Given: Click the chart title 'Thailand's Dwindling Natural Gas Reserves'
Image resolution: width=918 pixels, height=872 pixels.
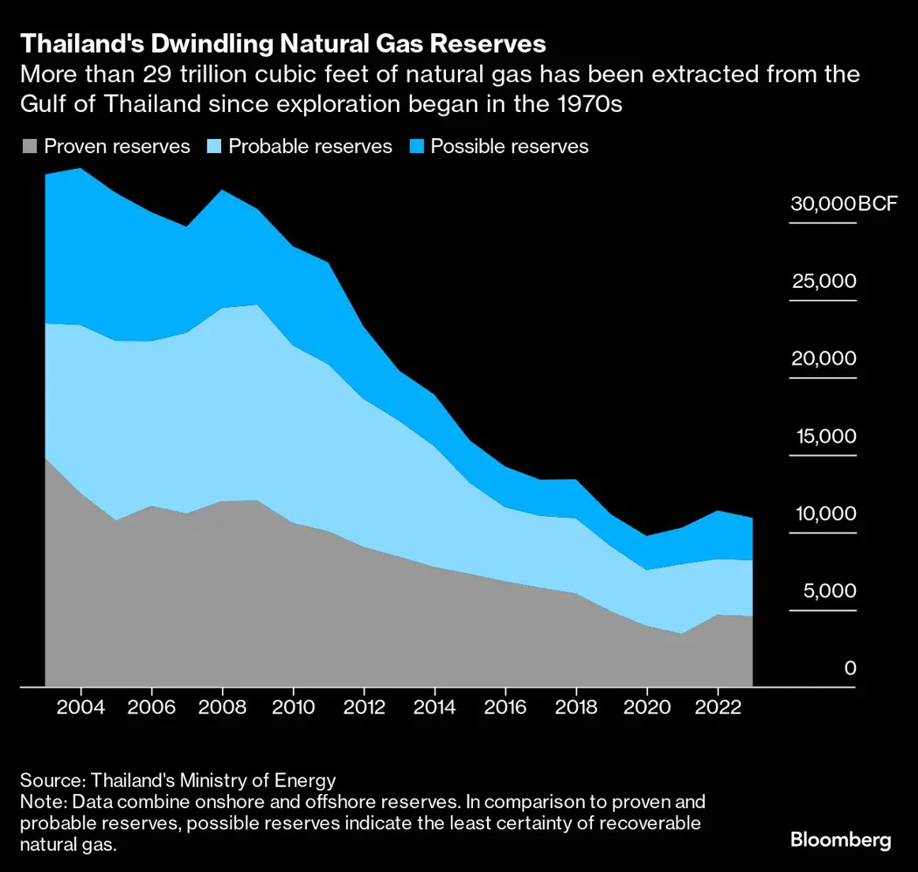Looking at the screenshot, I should [x=284, y=44].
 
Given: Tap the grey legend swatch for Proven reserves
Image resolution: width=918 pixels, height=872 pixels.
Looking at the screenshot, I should [x=29, y=147].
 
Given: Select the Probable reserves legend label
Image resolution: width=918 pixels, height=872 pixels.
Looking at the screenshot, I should [x=310, y=146].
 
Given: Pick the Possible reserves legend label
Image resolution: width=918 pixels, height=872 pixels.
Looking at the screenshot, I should [x=510, y=146].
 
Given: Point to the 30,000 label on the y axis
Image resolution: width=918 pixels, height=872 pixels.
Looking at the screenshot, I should [x=822, y=205].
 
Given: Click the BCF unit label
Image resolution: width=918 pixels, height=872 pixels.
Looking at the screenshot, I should [x=877, y=205].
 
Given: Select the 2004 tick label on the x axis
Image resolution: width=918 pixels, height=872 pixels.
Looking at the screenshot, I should [x=81, y=706].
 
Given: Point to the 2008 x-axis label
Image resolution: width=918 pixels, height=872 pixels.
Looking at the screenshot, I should [x=223, y=706].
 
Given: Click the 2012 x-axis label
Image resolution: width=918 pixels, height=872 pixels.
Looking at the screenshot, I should [x=365, y=706].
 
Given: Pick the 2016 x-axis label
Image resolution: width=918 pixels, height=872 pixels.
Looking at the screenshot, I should [x=506, y=706].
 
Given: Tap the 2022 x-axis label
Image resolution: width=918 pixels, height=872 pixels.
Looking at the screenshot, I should [x=718, y=706].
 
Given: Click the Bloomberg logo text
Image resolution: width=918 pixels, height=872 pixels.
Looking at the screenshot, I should [x=841, y=841].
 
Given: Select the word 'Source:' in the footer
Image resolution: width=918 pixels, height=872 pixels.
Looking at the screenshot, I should [x=50, y=781].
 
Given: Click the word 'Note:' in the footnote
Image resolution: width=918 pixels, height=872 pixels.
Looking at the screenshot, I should [x=44, y=802].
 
